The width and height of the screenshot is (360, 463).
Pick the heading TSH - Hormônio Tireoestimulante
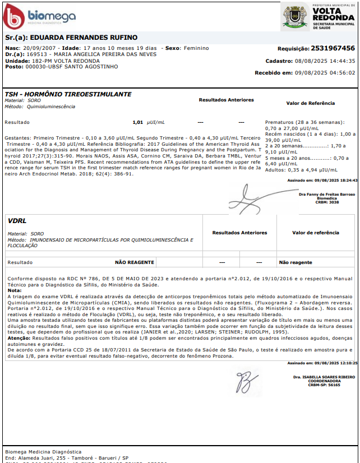pos(68,94)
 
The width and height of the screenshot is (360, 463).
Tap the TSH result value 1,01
pos(138,122)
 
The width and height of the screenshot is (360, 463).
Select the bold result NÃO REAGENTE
pos(134,262)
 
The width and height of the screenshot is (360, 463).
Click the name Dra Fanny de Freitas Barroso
pos(327,195)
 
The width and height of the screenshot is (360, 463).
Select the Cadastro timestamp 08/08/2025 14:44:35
pos(325,61)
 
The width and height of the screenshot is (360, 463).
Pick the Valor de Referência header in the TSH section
pos(310,103)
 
